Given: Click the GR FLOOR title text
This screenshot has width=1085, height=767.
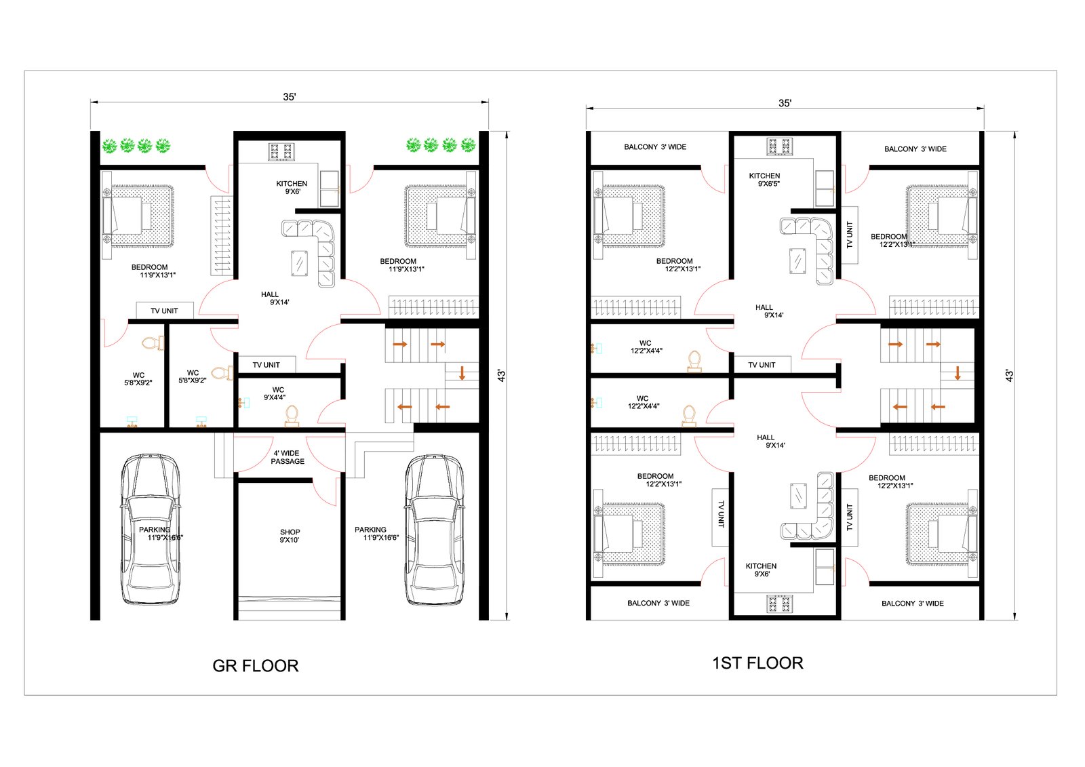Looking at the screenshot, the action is point(255,666).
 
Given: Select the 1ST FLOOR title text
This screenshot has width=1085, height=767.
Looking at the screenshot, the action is point(757,663).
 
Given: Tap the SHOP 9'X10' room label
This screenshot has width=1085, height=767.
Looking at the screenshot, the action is point(290,536).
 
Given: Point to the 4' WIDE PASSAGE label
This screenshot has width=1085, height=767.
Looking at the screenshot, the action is point(288,457).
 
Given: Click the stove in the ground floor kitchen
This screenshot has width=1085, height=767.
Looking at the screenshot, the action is point(281,152).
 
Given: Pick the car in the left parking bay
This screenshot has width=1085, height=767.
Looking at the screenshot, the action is point(150,529).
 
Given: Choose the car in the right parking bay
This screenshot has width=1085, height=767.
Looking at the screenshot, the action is point(435,530).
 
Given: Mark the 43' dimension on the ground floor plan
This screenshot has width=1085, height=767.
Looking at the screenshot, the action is point(502,376).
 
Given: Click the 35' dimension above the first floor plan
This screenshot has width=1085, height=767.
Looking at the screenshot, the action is point(785,103).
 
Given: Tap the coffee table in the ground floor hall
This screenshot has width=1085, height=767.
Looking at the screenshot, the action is point(299,264).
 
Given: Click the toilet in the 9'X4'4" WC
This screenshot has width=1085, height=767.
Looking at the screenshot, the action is point(292,416).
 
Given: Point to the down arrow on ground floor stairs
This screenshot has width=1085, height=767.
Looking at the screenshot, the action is point(462,372).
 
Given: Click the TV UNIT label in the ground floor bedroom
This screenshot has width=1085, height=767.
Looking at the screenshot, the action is point(164,311).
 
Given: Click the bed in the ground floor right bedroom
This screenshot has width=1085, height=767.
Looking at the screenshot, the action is point(441,216).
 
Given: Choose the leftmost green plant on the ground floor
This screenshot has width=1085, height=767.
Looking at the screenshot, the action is point(109,145).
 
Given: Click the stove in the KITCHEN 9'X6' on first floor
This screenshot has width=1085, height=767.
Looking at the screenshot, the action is point(779,604).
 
